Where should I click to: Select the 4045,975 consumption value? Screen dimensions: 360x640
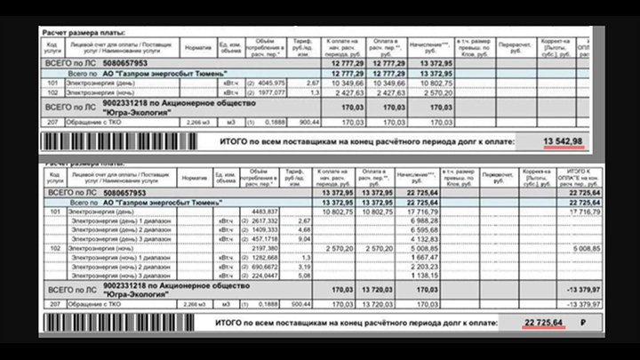269,83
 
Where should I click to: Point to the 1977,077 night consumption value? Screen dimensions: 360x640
269,92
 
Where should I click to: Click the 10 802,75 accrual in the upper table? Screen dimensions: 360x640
433,83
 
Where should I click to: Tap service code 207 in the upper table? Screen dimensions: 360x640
53,122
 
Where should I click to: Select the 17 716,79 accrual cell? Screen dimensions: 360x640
434,212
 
